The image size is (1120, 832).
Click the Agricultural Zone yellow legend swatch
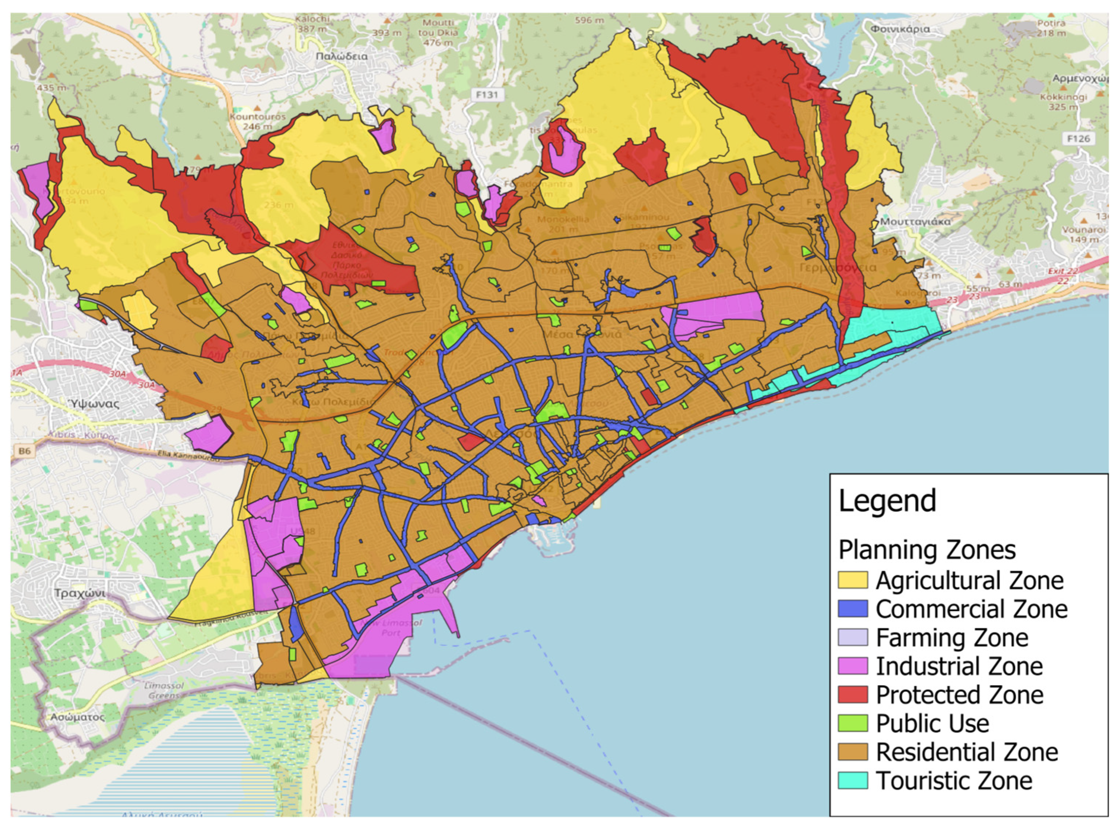click(852, 580)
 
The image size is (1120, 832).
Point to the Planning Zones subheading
click(927, 549)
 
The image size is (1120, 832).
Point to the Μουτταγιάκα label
click(915, 222)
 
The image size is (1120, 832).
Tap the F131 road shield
click(486, 94)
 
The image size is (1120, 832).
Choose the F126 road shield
click(1078, 138)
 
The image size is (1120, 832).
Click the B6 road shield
click(24, 451)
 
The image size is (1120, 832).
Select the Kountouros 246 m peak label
click(257, 121)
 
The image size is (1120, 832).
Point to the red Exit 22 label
click(1063, 271)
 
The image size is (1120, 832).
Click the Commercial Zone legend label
click(971, 609)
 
